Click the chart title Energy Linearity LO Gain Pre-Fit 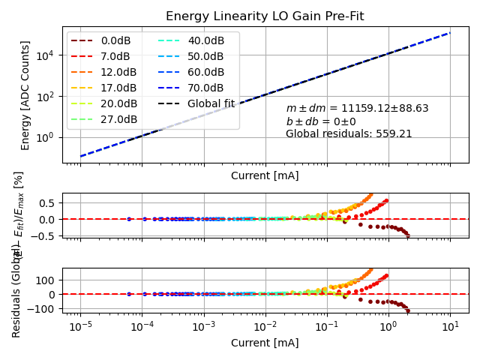(265, 16)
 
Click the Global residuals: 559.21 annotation (349, 134)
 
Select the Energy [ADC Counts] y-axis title (25, 95)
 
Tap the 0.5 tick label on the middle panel (48, 202)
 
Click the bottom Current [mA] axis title (265, 343)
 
